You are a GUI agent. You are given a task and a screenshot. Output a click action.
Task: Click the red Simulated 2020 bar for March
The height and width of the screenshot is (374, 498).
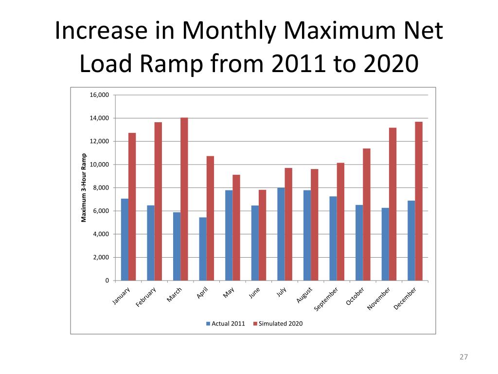pos(184,199)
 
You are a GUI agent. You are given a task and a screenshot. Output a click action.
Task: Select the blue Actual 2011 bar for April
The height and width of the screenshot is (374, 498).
pos(203,249)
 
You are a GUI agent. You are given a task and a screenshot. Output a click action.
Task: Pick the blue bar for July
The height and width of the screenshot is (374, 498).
pos(281,234)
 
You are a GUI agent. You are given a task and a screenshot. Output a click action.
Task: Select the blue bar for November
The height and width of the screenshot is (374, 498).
pos(385,244)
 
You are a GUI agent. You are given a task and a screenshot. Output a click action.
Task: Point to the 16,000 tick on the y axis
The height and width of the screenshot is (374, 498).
pos(100,95)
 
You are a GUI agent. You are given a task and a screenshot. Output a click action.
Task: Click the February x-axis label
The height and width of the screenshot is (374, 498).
pos(146,297)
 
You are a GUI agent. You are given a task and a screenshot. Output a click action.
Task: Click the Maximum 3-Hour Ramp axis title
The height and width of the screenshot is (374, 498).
pos(84,187)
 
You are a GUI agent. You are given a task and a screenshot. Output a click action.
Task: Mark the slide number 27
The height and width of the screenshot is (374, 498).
pos(463,357)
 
